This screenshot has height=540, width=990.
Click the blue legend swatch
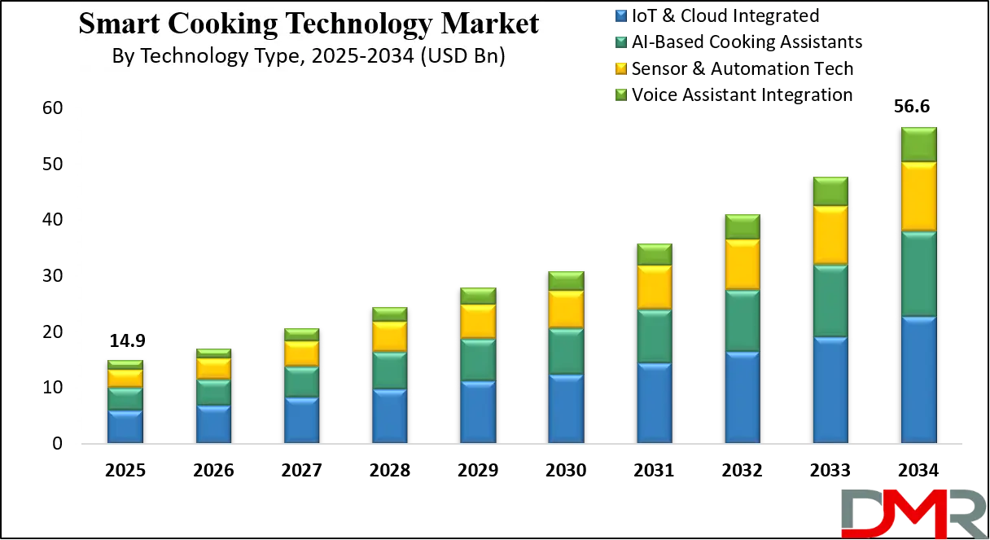[x=622, y=15]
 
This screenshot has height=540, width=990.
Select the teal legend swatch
[x=622, y=42]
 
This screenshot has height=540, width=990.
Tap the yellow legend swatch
[x=622, y=68]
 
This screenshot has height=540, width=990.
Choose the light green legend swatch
[x=622, y=94]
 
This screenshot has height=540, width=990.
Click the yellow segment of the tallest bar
[x=918, y=196]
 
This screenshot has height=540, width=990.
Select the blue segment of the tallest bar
[x=918, y=380]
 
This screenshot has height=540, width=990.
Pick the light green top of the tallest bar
[x=918, y=144]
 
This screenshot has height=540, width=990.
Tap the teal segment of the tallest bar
[x=918, y=274]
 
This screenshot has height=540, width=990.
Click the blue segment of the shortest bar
[x=125, y=427]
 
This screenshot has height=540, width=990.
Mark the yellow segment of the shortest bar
[x=125, y=378]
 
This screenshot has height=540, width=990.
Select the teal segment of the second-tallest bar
[x=830, y=301]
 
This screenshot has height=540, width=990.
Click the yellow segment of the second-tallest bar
[x=830, y=235]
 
